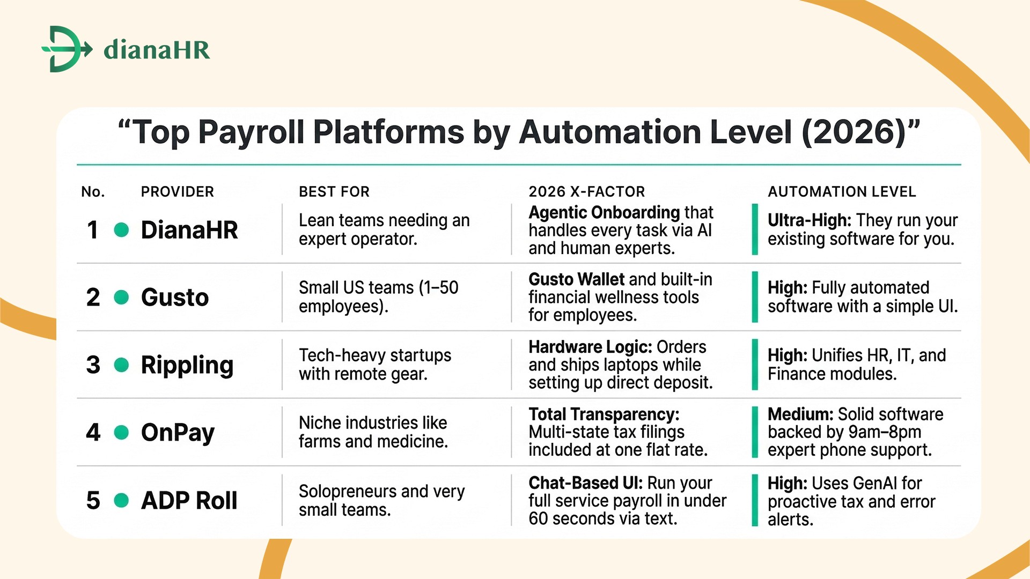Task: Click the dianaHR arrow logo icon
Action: (x=66, y=49)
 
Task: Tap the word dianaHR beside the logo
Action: (x=157, y=50)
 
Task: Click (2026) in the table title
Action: (x=854, y=132)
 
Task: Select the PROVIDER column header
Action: (x=177, y=192)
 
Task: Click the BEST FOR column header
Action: (x=334, y=192)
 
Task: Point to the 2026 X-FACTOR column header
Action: (x=586, y=192)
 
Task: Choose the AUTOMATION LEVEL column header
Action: (x=841, y=192)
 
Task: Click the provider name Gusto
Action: (x=174, y=298)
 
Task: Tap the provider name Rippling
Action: (x=187, y=365)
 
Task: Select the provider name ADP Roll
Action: (x=189, y=501)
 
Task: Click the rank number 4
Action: (x=93, y=433)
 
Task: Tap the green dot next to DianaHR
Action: (x=122, y=230)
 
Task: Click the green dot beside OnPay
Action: (x=122, y=433)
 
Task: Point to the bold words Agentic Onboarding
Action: (x=604, y=213)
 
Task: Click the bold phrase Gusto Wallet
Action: (x=576, y=280)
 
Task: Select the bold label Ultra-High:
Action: (x=809, y=220)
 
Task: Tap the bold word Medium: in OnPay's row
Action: (x=800, y=414)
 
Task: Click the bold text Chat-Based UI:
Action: (x=585, y=483)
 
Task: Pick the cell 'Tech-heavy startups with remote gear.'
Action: (x=374, y=365)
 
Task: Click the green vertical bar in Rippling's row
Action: (x=755, y=365)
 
